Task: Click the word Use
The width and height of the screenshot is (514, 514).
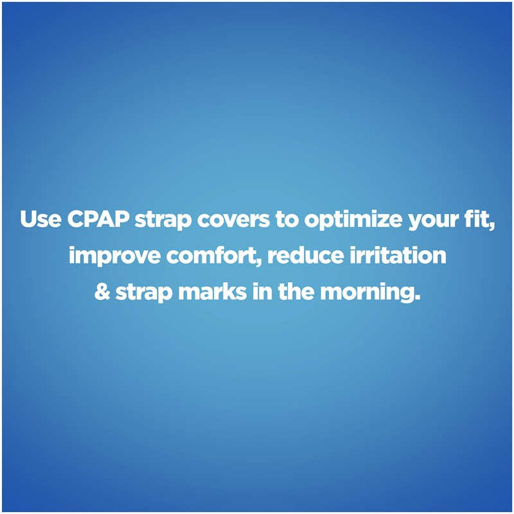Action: pyautogui.click(x=39, y=219)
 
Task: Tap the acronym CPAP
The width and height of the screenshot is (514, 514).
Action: pyautogui.click(x=97, y=219)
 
